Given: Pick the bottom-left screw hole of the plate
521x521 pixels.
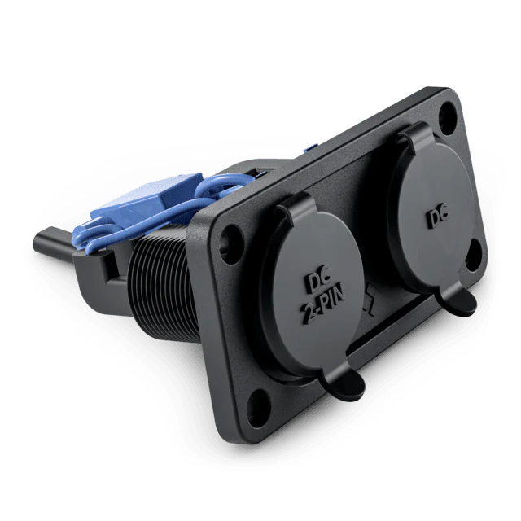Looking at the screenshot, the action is (259, 408).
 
